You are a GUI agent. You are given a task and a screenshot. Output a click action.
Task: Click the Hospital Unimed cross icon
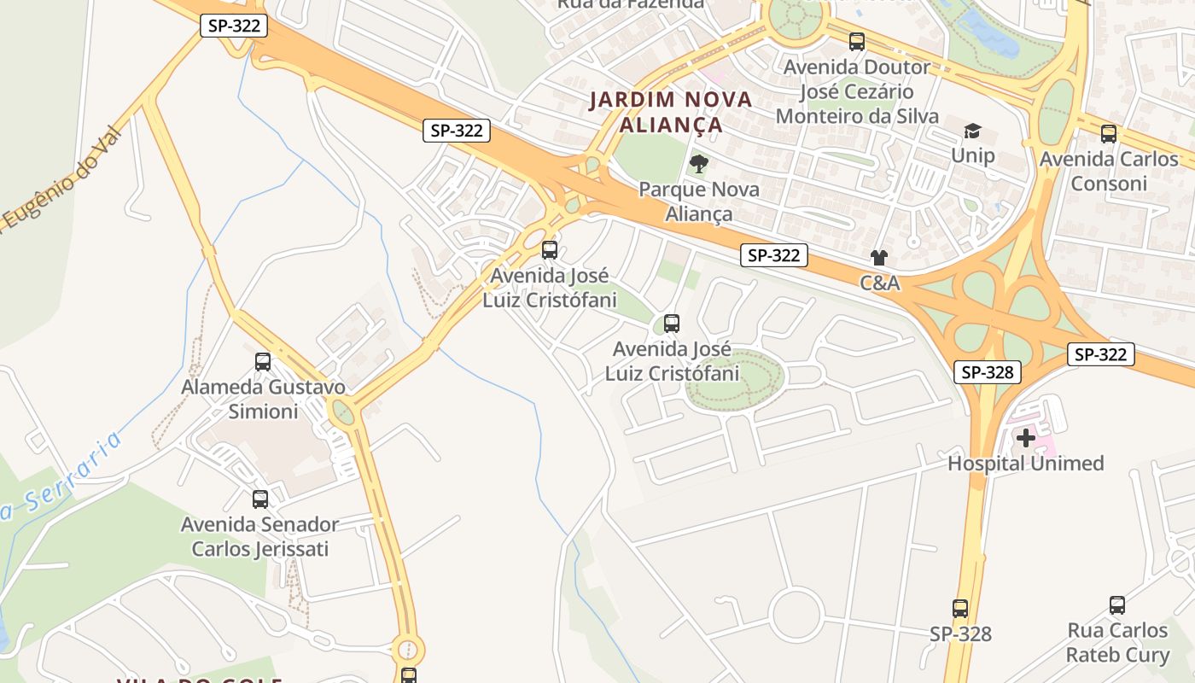(x=1025, y=438)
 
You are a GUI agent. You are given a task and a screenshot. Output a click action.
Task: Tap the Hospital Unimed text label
(x=1025, y=464)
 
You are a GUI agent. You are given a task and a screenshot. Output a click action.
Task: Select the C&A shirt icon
(x=879, y=257)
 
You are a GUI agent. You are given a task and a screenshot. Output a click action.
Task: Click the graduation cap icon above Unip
(x=972, y=131)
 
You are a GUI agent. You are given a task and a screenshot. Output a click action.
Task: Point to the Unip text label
(x=973, y=155)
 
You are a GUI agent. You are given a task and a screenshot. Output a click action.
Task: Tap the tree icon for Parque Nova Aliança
(x=699, y=163)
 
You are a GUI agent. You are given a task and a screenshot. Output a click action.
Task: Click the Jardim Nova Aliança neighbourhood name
(x=671, y=112)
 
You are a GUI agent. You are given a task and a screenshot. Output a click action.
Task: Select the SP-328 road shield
(x=988, y=372)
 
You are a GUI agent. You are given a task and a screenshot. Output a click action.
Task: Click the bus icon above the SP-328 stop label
(x=960, y=609)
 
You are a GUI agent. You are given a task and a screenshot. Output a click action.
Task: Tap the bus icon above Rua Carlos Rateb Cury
(x=1117, y=605)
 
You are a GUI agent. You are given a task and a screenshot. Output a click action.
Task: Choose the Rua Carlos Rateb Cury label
(x=1117, y=643)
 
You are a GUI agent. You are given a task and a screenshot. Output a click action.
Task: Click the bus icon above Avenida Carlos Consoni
(x=1108, y=134)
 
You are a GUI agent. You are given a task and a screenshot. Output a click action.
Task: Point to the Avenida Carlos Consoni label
(x=1108, y=171)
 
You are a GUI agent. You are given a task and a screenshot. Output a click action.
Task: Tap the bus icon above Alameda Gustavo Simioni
(x=263, y=362)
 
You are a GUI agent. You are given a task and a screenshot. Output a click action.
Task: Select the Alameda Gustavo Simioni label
(x=263, y=400)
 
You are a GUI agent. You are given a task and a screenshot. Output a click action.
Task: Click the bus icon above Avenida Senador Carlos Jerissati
(x=260, y=499)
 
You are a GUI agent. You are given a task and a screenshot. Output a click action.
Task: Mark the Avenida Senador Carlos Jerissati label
(x=259, y=536)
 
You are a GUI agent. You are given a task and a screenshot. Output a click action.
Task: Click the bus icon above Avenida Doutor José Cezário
(x=856, y=42)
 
